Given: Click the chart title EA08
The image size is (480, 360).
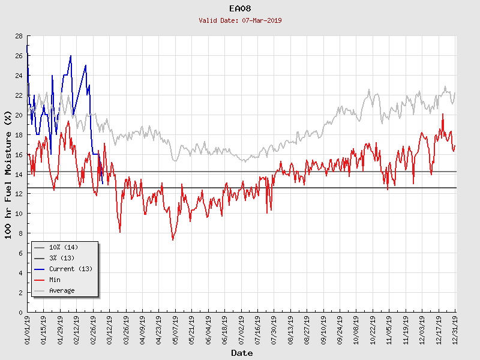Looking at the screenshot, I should point(240,9).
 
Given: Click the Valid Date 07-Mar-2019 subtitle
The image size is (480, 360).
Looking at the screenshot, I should point(240,20).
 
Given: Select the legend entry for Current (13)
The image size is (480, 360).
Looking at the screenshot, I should point(70,269).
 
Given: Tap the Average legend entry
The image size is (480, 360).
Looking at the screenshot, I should point(62,290).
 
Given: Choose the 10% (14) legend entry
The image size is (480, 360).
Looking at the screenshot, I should point(64,247).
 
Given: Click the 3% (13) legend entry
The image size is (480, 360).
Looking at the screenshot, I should point(62,258).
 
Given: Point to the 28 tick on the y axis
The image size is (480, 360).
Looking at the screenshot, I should point(19,36).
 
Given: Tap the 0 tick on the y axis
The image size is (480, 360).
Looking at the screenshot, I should point(20,312).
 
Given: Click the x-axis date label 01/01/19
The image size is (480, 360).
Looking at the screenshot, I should point(28,331).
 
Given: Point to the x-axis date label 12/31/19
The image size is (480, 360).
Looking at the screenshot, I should point(455,331).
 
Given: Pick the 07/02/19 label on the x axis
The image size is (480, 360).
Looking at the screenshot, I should point(241,331).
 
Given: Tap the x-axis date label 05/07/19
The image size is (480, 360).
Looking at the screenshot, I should point(175,331).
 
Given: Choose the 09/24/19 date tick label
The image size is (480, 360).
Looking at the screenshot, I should point(340,331).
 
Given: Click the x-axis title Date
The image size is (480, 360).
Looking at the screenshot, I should point(242,353).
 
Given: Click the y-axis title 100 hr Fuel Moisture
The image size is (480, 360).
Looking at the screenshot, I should point(8,174).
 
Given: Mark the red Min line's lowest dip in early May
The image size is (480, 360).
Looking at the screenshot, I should point(173,240).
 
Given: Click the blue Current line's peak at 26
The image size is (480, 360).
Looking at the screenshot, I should point(71,56).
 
